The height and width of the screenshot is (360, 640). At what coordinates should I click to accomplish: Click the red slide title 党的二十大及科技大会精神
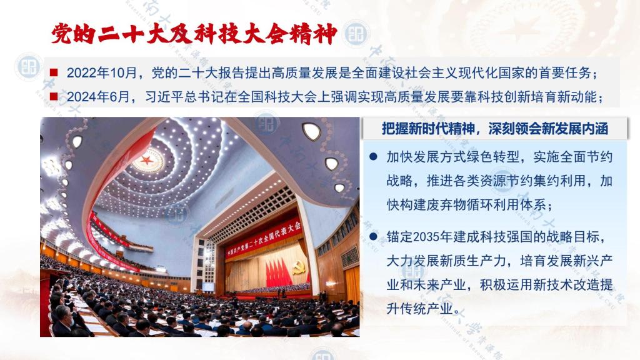194,34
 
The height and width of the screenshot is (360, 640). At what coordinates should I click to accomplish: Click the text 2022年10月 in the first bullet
102,73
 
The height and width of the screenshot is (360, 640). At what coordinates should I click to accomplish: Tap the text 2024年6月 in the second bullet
98,97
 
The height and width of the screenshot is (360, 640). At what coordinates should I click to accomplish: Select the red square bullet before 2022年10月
54,72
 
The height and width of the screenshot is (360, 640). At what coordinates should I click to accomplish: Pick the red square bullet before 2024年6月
54,96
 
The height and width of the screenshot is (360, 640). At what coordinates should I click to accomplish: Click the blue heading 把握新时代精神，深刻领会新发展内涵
495,129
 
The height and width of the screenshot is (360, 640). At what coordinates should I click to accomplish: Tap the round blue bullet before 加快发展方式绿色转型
373,156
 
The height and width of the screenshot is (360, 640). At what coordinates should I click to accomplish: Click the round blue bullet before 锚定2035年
373,236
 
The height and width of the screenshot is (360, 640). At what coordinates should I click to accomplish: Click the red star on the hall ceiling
147,160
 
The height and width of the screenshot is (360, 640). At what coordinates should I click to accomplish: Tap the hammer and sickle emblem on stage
298,267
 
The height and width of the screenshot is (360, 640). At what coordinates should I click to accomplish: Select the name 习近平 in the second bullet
165,97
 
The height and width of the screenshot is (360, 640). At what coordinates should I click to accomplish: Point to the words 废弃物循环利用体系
486,205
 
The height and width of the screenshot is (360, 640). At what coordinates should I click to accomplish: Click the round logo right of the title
356,34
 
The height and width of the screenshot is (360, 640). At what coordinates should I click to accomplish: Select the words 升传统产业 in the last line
419,309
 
